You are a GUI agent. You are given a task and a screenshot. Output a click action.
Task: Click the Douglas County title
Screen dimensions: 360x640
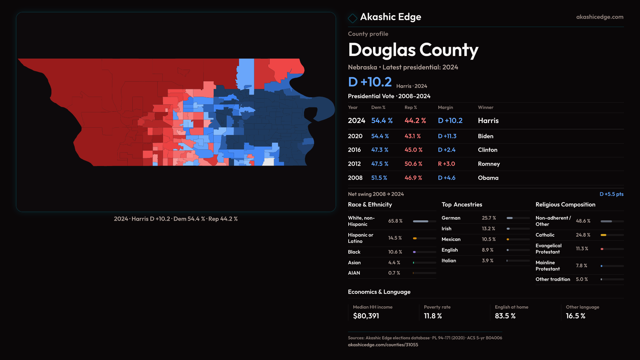click(x=413, y=50)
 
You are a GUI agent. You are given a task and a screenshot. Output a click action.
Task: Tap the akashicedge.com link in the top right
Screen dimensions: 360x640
click(x=599, y=17)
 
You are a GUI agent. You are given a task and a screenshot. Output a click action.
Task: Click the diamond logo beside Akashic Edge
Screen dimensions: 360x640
click(x=352, y=18)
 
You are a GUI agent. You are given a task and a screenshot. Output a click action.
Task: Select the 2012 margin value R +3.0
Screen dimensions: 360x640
click(x=446, y=164)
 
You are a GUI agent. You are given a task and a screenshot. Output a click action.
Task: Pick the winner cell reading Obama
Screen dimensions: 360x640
click(x=488, y=178)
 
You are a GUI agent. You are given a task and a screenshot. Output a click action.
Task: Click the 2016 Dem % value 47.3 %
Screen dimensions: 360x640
click(x=380, y=150)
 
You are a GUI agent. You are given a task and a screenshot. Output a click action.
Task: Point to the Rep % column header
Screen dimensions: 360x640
click(x=411, y=107)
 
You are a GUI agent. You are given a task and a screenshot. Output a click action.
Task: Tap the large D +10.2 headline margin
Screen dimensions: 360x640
click(x=370, y=82)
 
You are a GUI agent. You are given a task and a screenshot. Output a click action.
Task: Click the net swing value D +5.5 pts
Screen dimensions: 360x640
click(x=611, y=194)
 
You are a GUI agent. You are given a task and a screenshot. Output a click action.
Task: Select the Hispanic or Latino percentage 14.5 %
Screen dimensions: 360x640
click(x=395, y=238)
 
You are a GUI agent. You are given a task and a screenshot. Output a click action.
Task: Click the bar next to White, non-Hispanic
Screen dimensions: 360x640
click(x=424, y=221)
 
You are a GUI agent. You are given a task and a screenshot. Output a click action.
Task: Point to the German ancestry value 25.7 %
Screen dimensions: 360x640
click(x=489, y=218)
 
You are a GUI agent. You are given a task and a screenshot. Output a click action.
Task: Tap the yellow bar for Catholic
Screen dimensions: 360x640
click(x=604, y=235)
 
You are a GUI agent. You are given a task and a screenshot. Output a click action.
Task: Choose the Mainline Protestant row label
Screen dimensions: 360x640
click(x=548, y=266)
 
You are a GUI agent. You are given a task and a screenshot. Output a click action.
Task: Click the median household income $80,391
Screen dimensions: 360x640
click(x=366, y=316)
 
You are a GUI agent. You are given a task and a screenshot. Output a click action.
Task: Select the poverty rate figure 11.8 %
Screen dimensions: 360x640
click(x=433, y=316)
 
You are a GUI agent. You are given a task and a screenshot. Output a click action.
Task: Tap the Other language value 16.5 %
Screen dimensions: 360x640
click(x=575, y=316)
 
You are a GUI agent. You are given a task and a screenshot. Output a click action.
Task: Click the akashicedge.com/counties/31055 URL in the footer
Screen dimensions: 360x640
click(x=383, y=345)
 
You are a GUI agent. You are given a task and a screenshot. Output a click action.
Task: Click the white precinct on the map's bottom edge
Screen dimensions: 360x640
click(x=268, y=162)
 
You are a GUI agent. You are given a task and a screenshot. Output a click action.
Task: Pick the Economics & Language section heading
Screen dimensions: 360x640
click(x=379, y=292)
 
